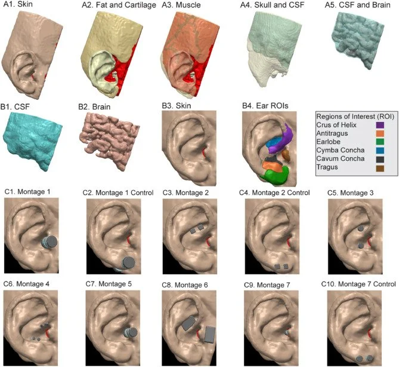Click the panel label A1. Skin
(x=18, y=5)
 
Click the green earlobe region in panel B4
(x=279, y=175)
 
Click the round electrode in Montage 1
(x=50, y=242)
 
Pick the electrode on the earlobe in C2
(x=127, y=262)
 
